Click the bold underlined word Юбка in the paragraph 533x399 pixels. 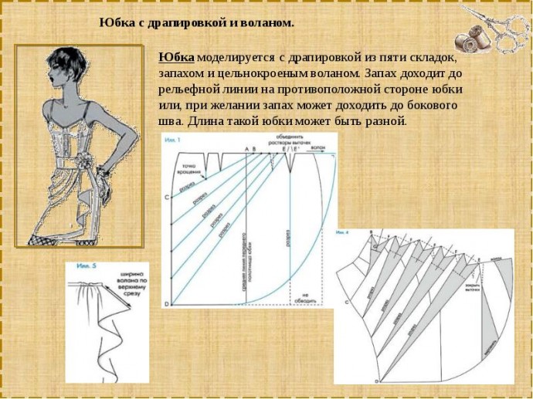click(x=176, y=58)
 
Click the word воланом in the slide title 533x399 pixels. click(x=267, y=23)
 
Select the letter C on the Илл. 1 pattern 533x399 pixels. click(x=168, y=198)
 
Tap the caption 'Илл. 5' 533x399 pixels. click(x=87, y=267)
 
